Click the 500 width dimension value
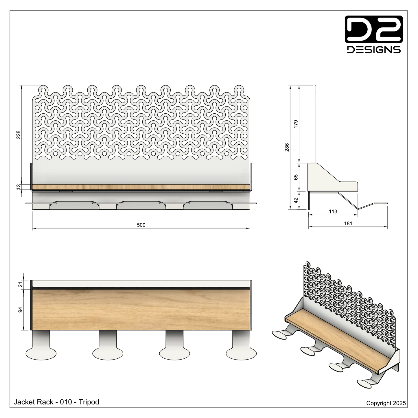tap(141, 225)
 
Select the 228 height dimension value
tap(19, 135)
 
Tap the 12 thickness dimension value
tap(19, 187)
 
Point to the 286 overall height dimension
tap(287, 147)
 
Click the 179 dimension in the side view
tap(296, 124)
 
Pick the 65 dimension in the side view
tap(296, 177)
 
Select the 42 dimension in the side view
tap(296, 200)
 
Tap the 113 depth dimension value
tap(333, 211)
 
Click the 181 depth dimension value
tap(348, 223)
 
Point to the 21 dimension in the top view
tap(20, 285)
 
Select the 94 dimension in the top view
tap(20, 310)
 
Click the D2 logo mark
tap(374, 29)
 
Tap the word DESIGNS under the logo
tap(374, 49)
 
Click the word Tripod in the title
tap(89, 402)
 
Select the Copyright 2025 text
tap(386, 403)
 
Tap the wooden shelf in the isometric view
tap(336, 340)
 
